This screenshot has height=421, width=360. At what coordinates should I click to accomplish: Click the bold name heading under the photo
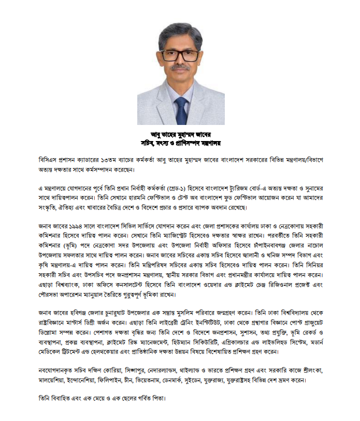tap(180, 133)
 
